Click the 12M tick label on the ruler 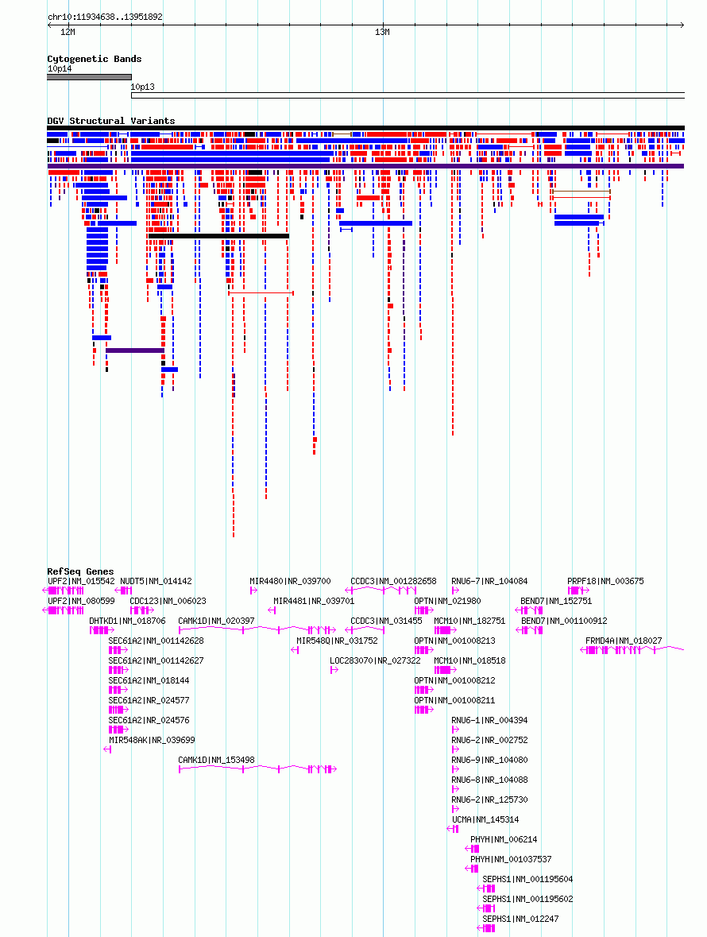coord(68,33)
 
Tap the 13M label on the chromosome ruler coord(382,33)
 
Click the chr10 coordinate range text coord(105,17)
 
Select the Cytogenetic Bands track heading coord(95,59)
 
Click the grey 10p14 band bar coord(90,77)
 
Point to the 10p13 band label coord(143,87)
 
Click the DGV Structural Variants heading coord(111,121)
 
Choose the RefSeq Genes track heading coord(80,571)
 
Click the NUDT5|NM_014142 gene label coord(156,581)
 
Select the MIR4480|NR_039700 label coord(290,581)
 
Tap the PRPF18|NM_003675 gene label coord(605,581)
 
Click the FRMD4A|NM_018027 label coord(624,641)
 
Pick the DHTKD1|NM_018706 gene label coord(128,621)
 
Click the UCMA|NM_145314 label coord(485,819)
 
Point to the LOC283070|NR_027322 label coord(375,660)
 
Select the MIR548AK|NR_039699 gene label coord(152,740)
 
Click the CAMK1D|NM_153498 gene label coord(216,760)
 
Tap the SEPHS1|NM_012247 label coord(520,919)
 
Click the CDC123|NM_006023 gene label coord(168,601)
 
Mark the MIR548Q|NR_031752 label coord(338,641)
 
